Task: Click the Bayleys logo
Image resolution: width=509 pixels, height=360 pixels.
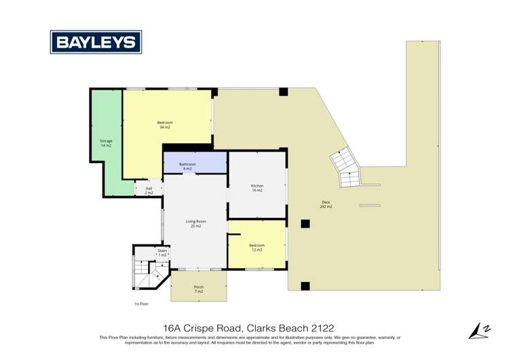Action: pyautogui.click(x=96, y=42)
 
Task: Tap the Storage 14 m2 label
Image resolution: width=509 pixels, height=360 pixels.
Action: pyautogui.click(x=106, y=143)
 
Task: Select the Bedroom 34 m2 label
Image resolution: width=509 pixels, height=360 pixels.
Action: pyautogui.click(x=165, y=125)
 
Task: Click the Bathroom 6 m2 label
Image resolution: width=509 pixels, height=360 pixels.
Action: pyautogui.click(x=187, y=166)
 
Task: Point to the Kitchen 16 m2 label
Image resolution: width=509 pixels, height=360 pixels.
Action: pyautogui.click(x=257, y=188)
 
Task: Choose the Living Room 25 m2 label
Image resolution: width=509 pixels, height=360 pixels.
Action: pyautogui.click(x=195, y=223)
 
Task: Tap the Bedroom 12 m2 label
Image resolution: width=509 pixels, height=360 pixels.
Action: pyautogui.click(x=257, y=247)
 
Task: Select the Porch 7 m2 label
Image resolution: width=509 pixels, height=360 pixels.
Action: pyautogui.click(x=199, y=289)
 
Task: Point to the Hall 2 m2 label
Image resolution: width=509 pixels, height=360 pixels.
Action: pyautogui.click(x=149, y=191)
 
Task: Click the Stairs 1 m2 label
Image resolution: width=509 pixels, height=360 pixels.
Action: pyautogui.click(x=162, y=252)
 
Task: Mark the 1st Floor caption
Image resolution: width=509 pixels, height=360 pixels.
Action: pyautogui.click(x=140, y=304)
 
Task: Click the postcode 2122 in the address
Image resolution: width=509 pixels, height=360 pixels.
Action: pyautogui.click(x=319, y=327)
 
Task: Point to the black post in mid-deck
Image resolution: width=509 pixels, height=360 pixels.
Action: pyautogui.click(x=305, y=224)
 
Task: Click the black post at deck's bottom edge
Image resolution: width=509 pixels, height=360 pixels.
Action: pyautogui.click(x=305, y=286)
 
